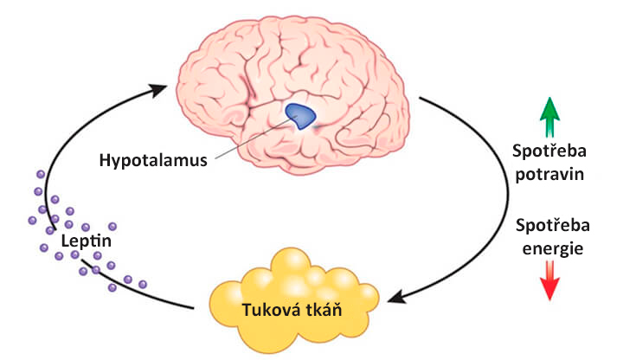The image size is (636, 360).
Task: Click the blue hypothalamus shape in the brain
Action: coord(300,116)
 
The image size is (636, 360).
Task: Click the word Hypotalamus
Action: coord(153,160)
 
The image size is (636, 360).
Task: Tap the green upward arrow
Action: coord(549,117)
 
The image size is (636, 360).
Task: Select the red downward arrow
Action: coord(549,280)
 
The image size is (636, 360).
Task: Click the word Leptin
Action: coord(86,241)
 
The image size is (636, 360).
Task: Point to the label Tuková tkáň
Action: coord(292,310)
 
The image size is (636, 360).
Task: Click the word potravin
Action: coord(549,175)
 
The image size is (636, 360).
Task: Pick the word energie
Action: coord(552,248)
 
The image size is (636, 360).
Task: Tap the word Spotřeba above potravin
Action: coord(549,151)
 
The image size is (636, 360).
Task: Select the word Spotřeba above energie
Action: coord(552,225)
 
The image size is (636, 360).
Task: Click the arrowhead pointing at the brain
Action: coord(158,90)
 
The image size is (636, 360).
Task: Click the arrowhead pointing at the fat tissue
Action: coord(397,297)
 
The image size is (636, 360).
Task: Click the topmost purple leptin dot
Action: coord(41,175)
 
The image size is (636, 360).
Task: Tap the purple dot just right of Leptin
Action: coord(112,227)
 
